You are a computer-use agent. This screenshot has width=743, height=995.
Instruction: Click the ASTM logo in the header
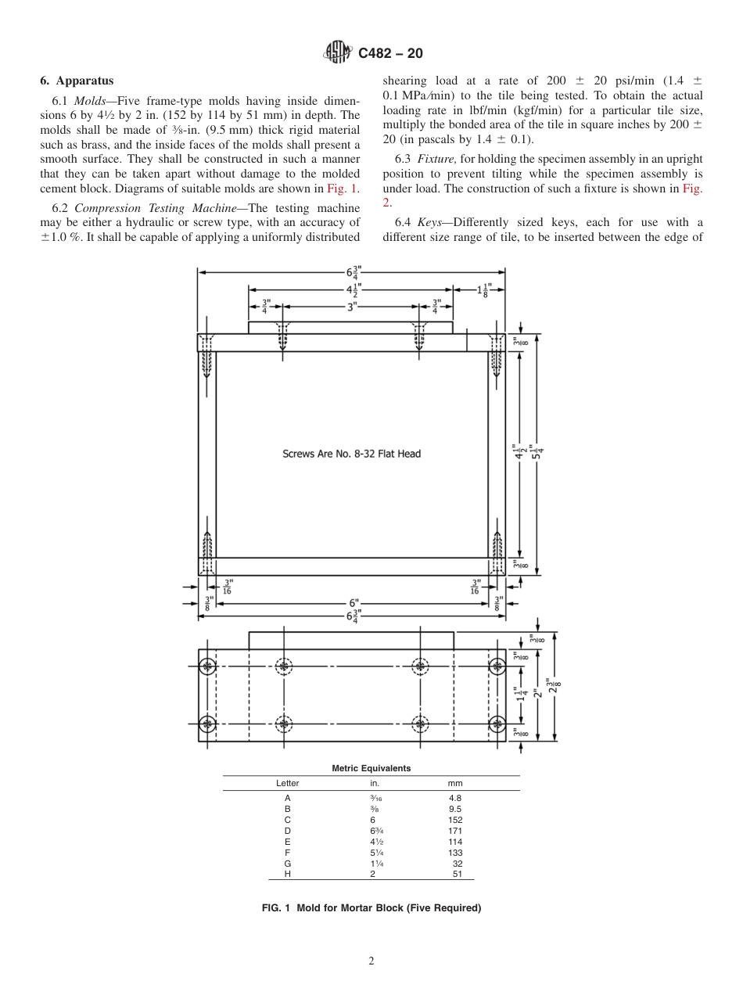[339, 53]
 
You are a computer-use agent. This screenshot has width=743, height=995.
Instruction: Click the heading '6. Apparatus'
[77, 81]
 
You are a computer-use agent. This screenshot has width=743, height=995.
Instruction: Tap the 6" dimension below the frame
[354, 603]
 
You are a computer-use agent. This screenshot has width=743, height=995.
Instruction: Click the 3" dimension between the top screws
[351, 307]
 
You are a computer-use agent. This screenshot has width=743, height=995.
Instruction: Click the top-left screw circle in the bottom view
[207, 667]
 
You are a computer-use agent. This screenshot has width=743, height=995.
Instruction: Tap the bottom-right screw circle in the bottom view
[497, 724]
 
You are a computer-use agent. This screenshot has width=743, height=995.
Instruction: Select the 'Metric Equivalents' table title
[371, 768]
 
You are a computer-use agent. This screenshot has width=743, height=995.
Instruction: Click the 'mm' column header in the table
[454, 783]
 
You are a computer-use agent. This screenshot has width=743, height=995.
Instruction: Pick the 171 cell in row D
[455, 830]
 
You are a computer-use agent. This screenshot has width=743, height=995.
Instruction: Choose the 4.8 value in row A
[455, 798]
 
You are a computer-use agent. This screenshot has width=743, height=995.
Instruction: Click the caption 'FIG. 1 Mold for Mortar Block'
[371, 908]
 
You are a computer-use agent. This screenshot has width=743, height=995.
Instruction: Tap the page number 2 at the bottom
[371, 961]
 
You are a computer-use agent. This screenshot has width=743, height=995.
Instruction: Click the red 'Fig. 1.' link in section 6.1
[343, 189]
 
